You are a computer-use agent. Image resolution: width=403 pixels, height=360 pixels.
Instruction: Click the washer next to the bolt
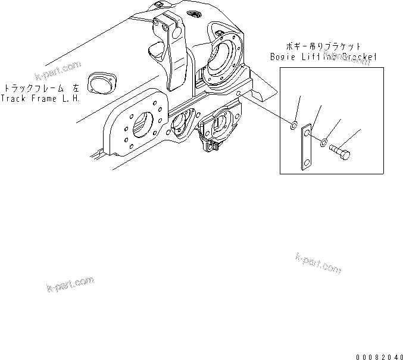tap(323, 143)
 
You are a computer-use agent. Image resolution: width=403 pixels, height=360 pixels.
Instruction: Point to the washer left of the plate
tap(293, 125)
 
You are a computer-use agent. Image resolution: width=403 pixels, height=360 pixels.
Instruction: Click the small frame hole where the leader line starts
tap(239, 94)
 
